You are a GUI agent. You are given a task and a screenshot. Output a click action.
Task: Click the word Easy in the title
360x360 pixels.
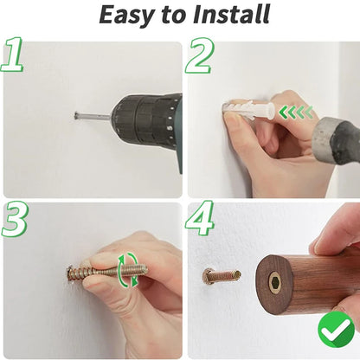(125, 15)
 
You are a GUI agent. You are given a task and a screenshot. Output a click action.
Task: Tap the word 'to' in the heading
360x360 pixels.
(172, 15)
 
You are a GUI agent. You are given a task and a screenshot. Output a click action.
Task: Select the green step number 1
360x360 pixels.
(12, 55)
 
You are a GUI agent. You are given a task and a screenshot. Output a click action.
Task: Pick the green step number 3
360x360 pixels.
(15, 219)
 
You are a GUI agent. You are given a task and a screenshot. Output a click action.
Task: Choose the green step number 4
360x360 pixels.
(200, 218)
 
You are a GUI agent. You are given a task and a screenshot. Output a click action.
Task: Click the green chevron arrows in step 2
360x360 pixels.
(296, 112)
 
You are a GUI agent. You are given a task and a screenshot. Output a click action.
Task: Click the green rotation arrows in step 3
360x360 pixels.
(128, 270)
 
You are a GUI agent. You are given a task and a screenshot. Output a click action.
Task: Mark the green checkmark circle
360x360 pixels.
(337, 330)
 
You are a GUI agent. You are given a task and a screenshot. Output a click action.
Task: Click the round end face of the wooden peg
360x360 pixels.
(274, 285)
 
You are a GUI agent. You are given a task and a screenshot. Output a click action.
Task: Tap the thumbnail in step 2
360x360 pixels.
(233, 119)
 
